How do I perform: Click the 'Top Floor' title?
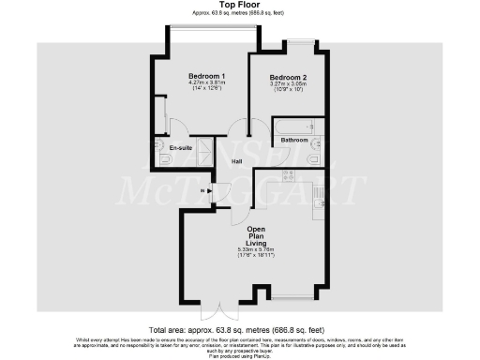pyautogui.click(x=239, y=5)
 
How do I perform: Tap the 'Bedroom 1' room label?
pyautogui.click(x=206, y=76)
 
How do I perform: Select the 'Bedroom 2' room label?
pyautogui.click(x=288, y=77)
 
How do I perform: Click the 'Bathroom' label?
pyautogui.click(x=294, y=140)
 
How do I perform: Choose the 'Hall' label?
pyautogui.click(x=238, y=161)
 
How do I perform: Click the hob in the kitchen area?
pyautogui.click(x=289, y=174)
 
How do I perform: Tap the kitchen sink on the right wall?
pyautogui.click(x=318, y=196)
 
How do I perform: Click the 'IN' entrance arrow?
pyautogui.click(x=209, y=190)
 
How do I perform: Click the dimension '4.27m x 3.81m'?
pyautogui.click(x=206, y=83)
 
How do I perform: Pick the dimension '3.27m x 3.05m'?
pyautogui.click(x=288, y=84)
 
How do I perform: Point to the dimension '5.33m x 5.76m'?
pyautogui.click(x=260, y=250)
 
